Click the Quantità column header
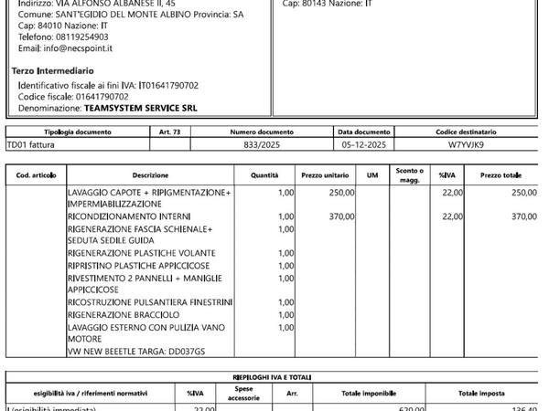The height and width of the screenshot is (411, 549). pyautogui.click(x=264, y=174)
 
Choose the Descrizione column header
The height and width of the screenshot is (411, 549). pyautogui.click(x=150, y=174)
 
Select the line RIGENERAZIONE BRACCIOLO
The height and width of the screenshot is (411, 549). pyautogui.click(x=118, y=315)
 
